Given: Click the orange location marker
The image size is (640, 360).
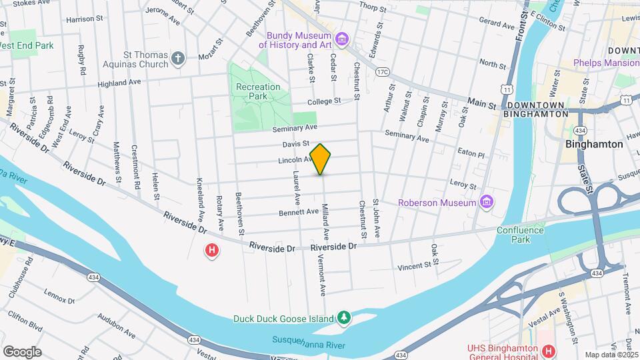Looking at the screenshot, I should [321, 159].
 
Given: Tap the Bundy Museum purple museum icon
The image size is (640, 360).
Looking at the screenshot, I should [342, 39].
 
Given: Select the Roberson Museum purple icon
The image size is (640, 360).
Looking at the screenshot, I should [487, 202].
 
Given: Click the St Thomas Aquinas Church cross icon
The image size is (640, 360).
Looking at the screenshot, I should [177, 58].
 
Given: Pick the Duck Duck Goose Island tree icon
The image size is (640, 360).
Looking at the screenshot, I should [343, 318].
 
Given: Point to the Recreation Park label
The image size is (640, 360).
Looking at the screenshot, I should [259, 91].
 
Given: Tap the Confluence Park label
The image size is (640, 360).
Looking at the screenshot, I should [520, 235].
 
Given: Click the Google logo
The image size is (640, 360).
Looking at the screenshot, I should [22, 351].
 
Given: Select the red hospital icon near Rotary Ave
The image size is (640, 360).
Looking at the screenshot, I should [212, 251].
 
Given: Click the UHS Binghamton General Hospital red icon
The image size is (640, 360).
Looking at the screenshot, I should [548, 351].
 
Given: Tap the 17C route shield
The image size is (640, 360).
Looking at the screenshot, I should [381, 71].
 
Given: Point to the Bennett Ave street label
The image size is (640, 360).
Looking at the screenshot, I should [299, 211].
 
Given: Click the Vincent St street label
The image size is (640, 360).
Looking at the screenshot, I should [415, 266].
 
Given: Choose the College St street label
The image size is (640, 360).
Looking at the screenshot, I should [324, 101].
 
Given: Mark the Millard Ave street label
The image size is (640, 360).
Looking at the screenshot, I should [326, 221].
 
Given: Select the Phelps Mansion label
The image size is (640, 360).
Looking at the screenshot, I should [606, 63].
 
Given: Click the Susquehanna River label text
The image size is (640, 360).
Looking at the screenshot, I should [308, 340].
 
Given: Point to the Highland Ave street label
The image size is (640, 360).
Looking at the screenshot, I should [119, 83].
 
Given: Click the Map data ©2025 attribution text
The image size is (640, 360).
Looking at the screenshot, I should [611, 355].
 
